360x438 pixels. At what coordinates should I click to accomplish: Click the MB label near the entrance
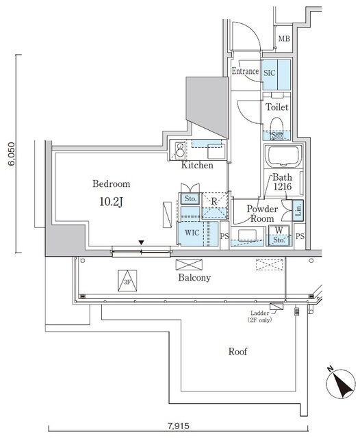[284, 39]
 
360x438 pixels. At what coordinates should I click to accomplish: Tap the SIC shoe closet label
[270, 73]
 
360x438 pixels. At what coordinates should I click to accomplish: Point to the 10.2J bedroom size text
[111, 202]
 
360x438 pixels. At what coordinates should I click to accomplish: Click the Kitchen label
[197, 165]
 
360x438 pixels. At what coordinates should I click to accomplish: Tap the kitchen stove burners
[180, 149]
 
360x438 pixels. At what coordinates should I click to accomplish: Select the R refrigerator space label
[214, 201]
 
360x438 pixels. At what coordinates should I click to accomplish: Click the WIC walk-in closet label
[192, 233]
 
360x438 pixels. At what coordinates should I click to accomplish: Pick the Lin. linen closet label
[298, 209]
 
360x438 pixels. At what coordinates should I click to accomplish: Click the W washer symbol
[279, 230]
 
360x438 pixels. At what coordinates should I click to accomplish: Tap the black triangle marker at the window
[142, 242]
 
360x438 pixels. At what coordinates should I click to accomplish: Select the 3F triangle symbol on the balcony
[127, 281]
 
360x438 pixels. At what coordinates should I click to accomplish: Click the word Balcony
[194, 278]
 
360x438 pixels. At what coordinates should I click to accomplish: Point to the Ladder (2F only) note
[259, 316]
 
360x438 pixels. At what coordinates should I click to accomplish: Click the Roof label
[237, 351]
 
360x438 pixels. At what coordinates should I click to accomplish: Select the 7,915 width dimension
[179, 426]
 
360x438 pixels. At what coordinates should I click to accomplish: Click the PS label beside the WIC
[224, 236]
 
